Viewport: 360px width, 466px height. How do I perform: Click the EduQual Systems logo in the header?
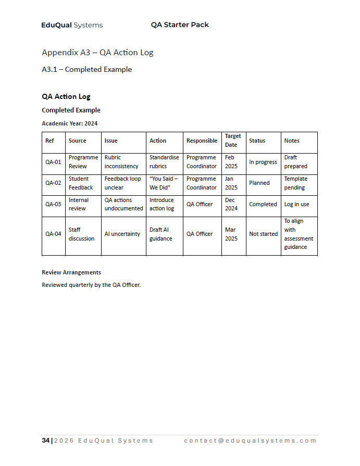72,25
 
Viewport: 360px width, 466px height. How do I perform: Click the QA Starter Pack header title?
180,25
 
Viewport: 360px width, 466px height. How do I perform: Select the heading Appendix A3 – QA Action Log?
97,53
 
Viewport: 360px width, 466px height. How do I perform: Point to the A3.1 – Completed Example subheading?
86,69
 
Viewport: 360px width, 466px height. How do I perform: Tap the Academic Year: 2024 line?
69,123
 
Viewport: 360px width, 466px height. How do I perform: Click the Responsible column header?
202,141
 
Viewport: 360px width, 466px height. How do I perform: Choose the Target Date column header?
233,141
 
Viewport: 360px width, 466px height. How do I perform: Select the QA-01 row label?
53,162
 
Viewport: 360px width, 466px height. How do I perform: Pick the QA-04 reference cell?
53,234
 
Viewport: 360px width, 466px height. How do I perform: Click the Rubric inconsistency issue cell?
121,162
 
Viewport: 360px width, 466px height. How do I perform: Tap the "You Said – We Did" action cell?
164,183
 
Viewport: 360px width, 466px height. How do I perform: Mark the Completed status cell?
263,204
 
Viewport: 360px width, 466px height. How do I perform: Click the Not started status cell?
263,234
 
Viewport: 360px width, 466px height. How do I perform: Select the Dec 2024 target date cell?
231,204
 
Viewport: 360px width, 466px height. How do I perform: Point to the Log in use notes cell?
296,204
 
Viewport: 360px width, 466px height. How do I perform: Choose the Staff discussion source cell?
81,234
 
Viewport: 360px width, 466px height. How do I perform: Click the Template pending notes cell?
295,183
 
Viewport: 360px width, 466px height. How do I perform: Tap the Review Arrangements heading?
71,272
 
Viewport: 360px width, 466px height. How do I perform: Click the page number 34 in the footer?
45,440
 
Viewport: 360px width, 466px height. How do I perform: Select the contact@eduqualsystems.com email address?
250,440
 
